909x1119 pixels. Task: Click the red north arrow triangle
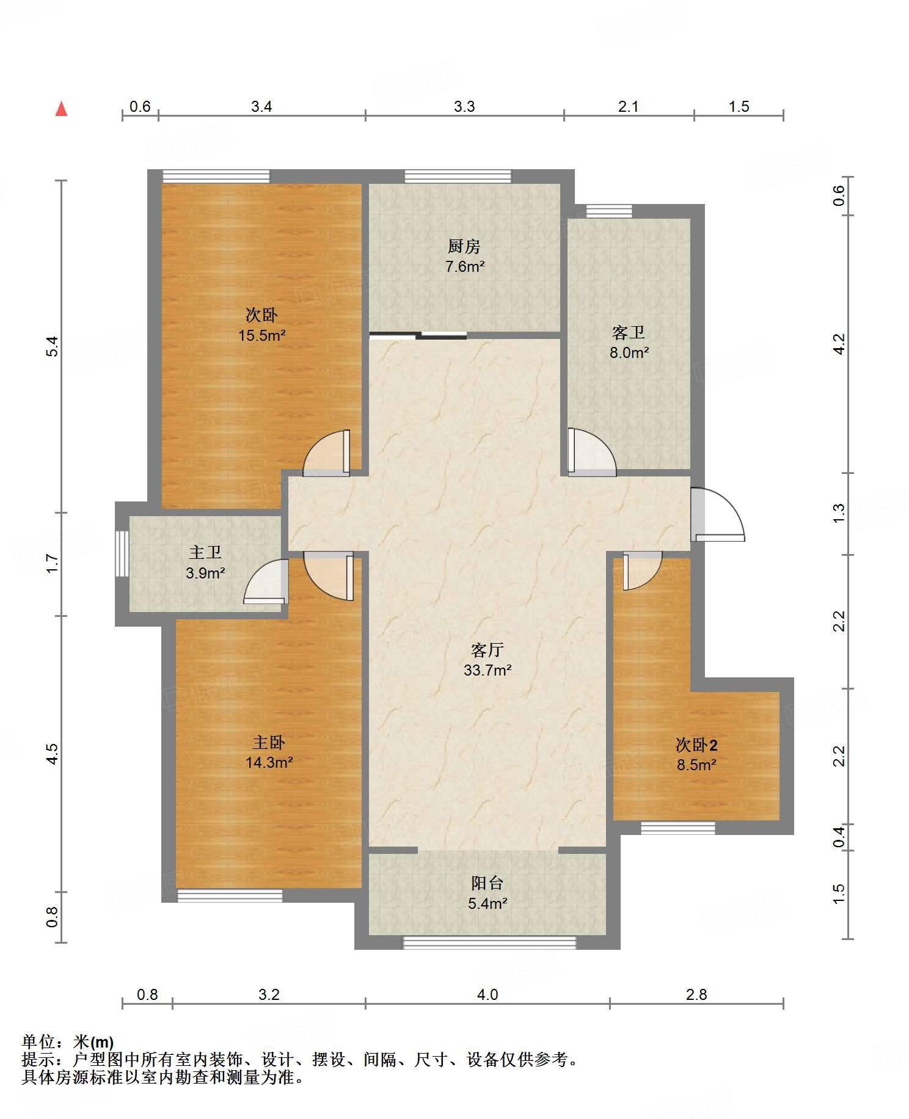pos(61,109)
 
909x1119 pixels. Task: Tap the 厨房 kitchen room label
pos(464,246)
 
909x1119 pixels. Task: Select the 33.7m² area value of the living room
pos(487,670)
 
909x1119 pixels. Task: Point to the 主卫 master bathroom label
pos(205,552)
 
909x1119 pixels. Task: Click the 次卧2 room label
pos(696,745)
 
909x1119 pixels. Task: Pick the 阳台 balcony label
pos(487,883)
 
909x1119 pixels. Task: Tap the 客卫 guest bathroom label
pos(629,332)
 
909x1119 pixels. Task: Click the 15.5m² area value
pos(262,335)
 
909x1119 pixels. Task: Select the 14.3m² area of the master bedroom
pos(269,762)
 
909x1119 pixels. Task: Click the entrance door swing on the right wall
pos(718,514)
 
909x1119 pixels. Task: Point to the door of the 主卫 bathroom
pos(266,582)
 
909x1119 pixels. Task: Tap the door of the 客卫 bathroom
pos(591,453)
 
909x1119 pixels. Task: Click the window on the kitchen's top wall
pos(458,177)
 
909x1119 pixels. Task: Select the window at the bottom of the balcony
pos(489,942)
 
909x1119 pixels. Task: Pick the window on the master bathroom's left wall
pos(122,553)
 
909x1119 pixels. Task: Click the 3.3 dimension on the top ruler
pos(464,107)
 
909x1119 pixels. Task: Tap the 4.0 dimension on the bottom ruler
pos(487,995)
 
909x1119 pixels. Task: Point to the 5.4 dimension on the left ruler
pos(53,346)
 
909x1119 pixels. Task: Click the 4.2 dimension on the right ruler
pos(839,344)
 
